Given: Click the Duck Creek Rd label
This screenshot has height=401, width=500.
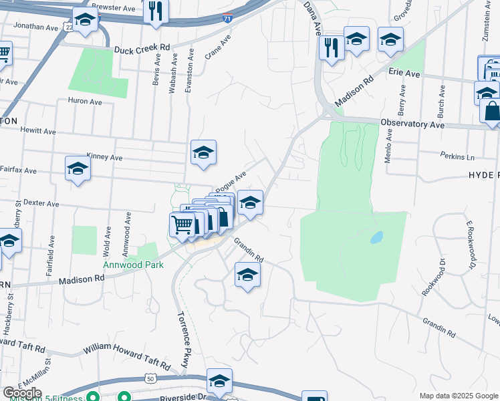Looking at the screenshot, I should [x=142, y=49].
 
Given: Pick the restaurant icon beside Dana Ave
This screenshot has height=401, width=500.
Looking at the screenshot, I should [x=332, y=47].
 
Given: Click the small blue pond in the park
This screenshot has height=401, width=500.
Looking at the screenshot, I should [x=376, y=237].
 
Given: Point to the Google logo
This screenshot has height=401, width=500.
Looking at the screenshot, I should [x=22, y=393].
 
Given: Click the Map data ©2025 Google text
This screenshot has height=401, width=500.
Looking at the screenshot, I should [x=457, y=396].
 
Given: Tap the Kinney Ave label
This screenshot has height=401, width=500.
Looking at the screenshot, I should [x=105, y=158].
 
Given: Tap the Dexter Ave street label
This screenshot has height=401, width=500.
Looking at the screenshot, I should [x=41, y=203].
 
